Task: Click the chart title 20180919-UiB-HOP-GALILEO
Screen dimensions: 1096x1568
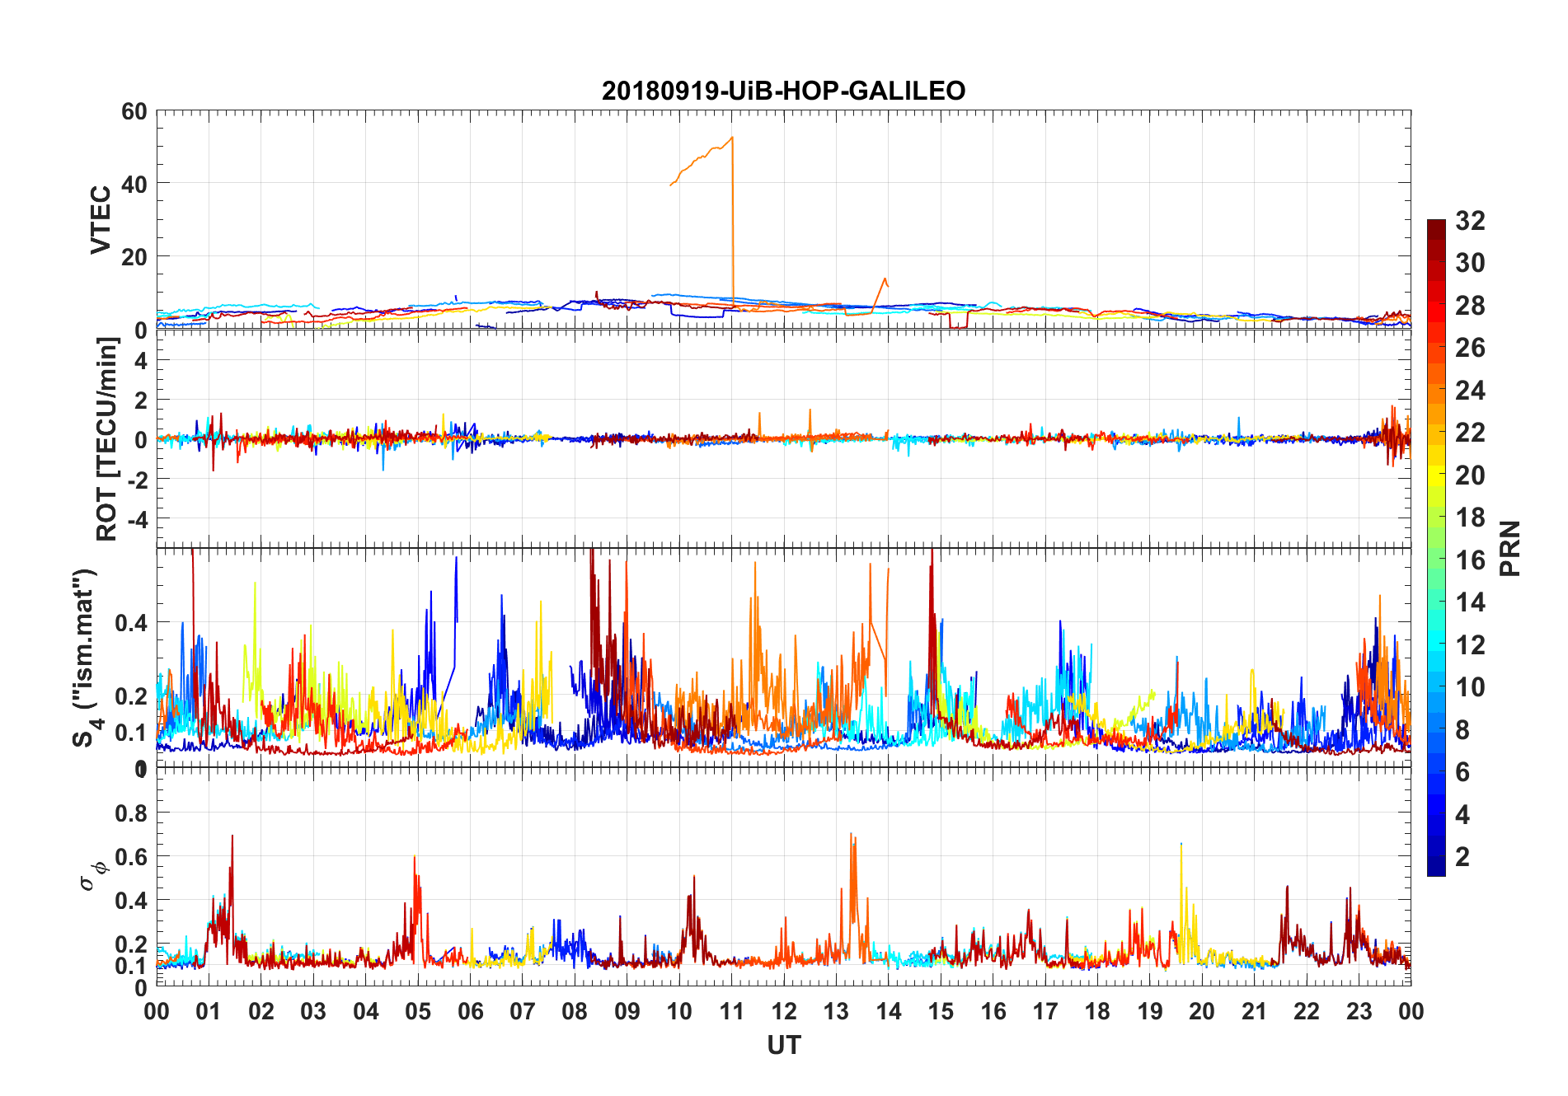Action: point(783,91)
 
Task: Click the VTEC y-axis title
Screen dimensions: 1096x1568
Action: point(101,220)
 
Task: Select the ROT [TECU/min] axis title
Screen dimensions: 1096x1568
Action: point(107,439)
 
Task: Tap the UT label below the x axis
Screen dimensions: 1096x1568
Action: point(783,1045)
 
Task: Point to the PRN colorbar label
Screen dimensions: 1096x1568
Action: point(1509,548)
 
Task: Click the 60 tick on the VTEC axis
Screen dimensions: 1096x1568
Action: point(134,111)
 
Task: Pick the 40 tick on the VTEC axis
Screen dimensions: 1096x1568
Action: point(134,184)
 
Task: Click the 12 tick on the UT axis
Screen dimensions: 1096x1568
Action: point(784,1011)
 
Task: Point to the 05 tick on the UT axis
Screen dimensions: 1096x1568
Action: point(418,1011)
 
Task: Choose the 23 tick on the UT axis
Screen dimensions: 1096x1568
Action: point(1359,1011)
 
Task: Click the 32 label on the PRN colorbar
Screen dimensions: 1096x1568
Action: point(1470,221)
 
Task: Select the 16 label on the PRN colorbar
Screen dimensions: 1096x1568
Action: point(1470,560)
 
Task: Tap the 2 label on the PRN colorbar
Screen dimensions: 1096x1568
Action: point(1462,857)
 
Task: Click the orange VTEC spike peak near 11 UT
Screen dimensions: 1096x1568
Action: point(732,138)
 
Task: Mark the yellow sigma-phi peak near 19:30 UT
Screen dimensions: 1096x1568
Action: point(1181,845)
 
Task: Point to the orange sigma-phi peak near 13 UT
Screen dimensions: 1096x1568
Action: point(851,834)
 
